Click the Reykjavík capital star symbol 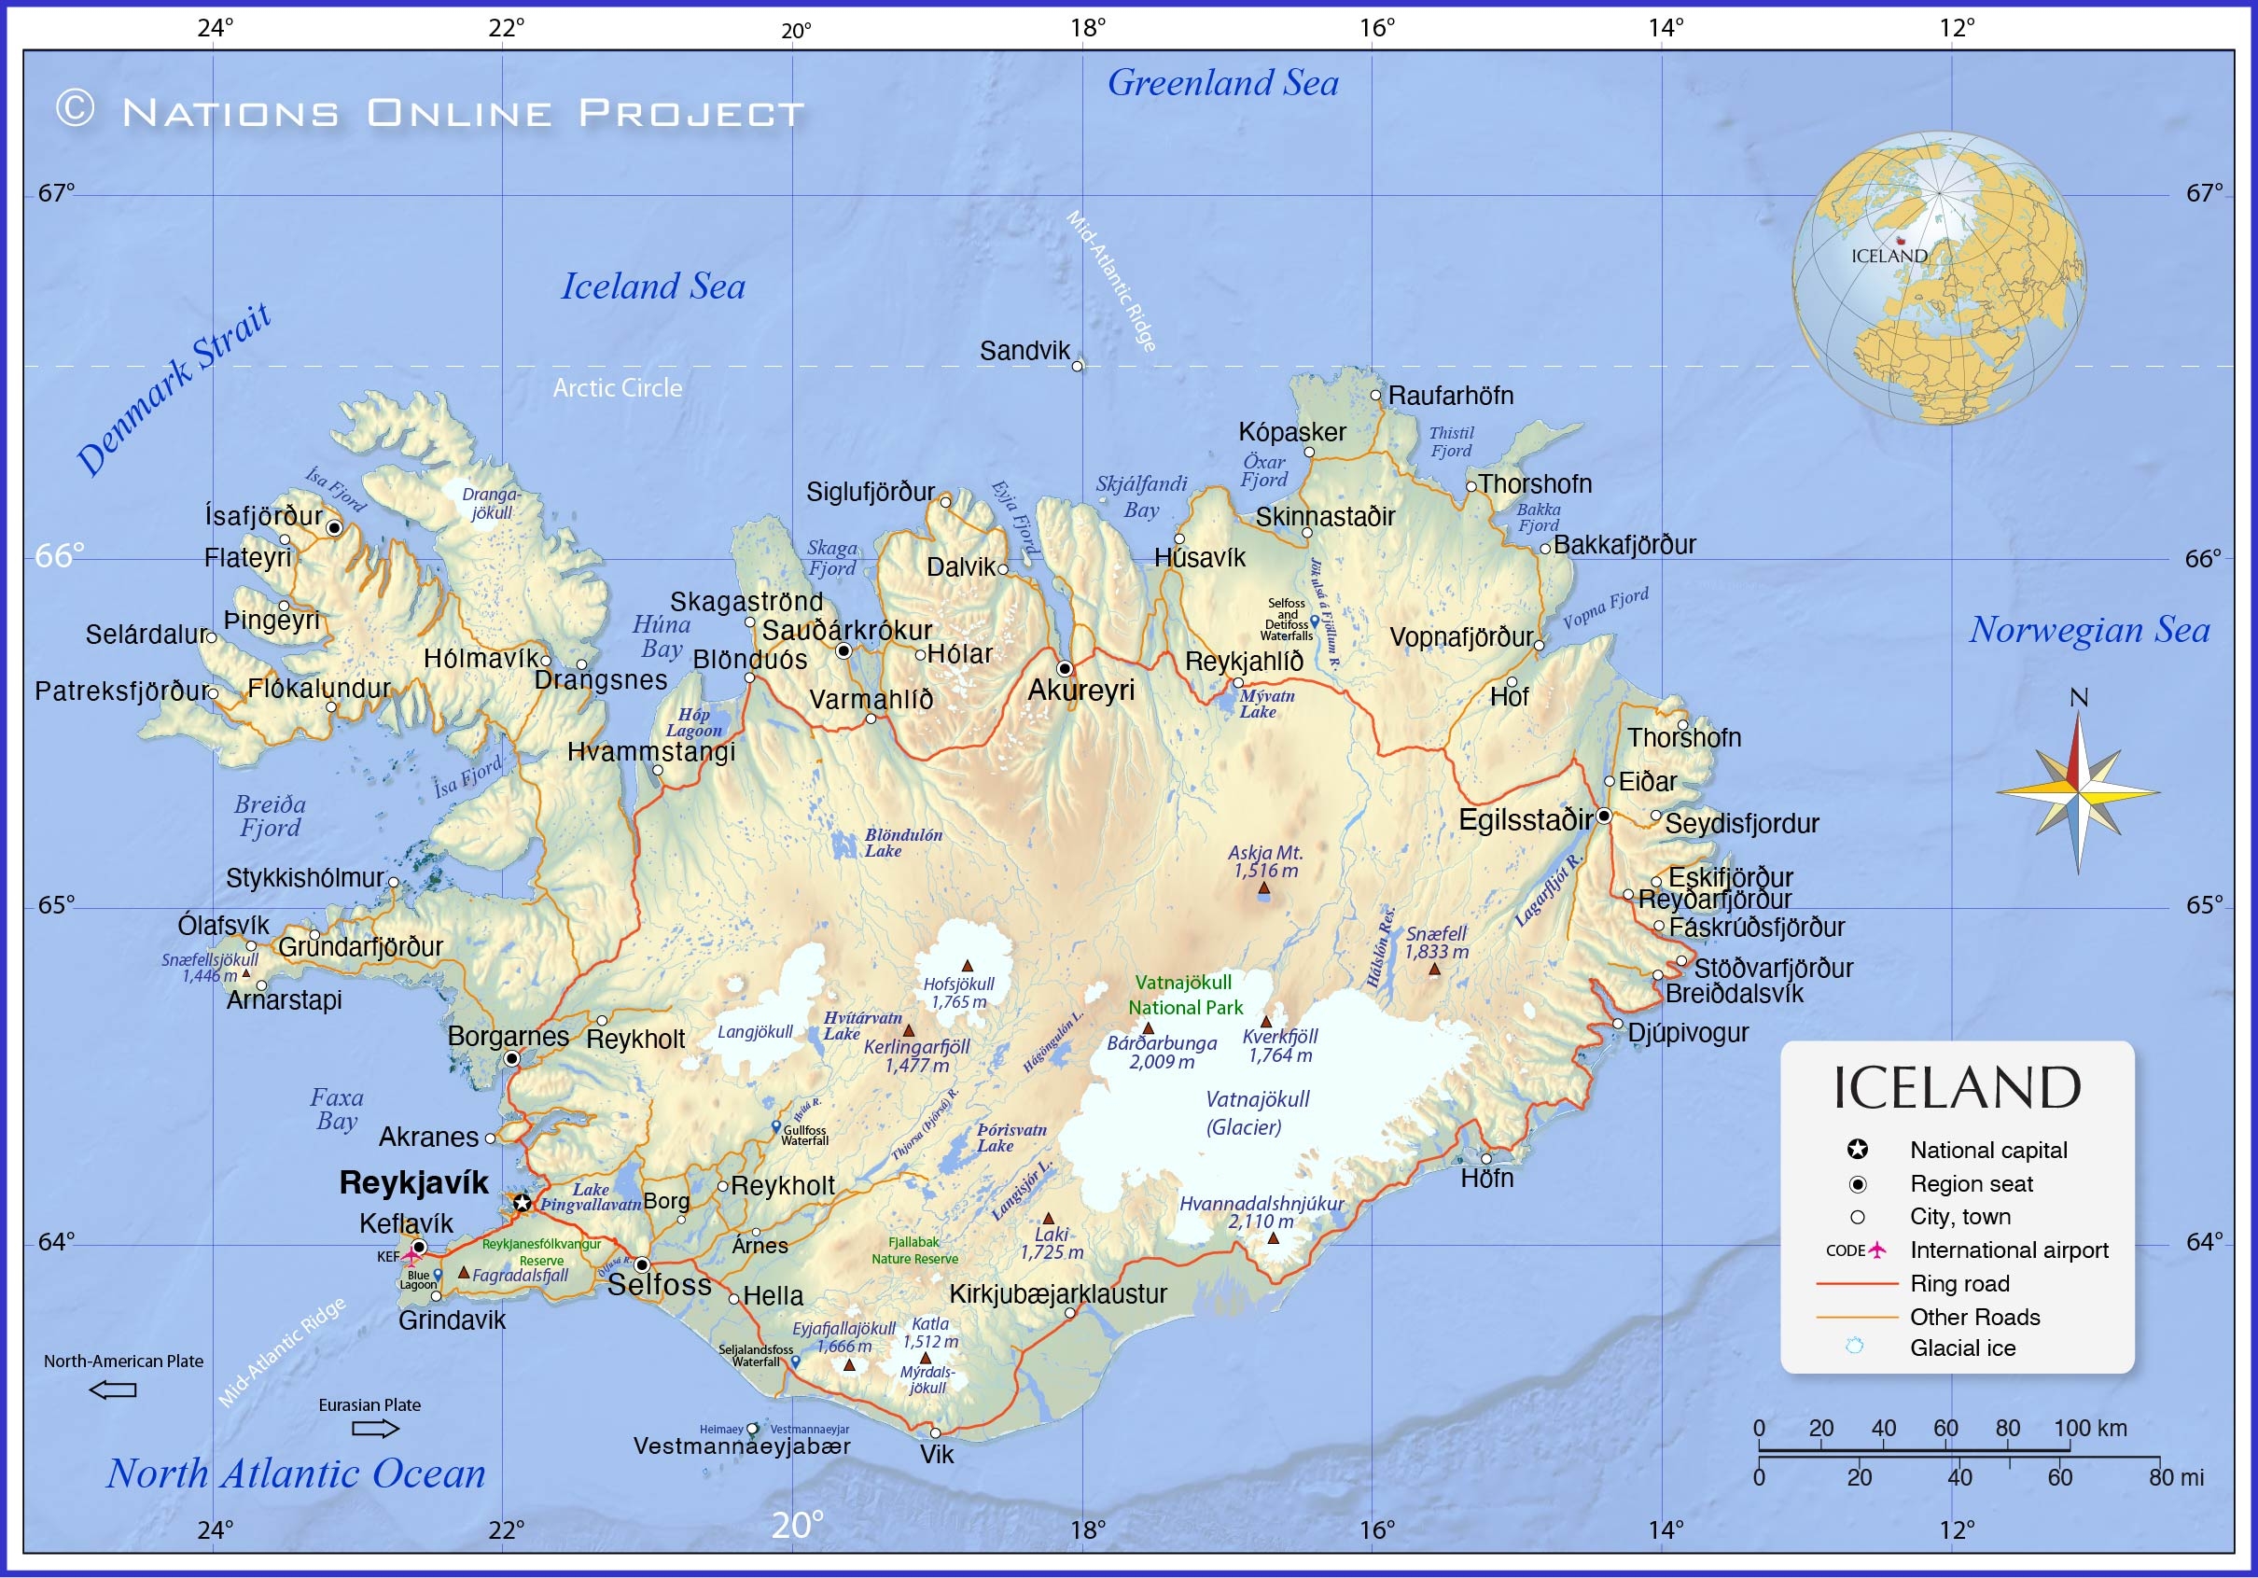click(x=523, y=1202)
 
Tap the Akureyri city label click(x=1080, y=691)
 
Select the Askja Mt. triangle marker click(x=1263, y=888)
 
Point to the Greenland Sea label click(x=1222, y=83)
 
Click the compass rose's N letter click(x=2078, y=697)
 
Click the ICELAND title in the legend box click(x=1957, y=1088)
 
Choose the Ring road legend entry click(x=1959, y=1283)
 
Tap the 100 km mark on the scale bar click(x=2090, y=1429)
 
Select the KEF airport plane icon click(x=411, y=1256)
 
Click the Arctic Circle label click(x=617, y=387)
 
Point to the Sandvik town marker click(x=1077, y=366)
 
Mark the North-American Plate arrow click(x=113, y=1390)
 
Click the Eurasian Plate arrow click(x=376, y=1428)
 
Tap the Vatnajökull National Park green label click(x=1184, y=995)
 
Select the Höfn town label click(x=1487, y=1178)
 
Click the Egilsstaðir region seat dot click(x=1603, y=816)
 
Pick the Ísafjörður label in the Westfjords click(x=263, y=515)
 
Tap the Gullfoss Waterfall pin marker click(x=775, y=1126)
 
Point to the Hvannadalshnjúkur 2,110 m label click(x=1261, y=1212)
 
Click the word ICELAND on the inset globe click(x=1889, y=256)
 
